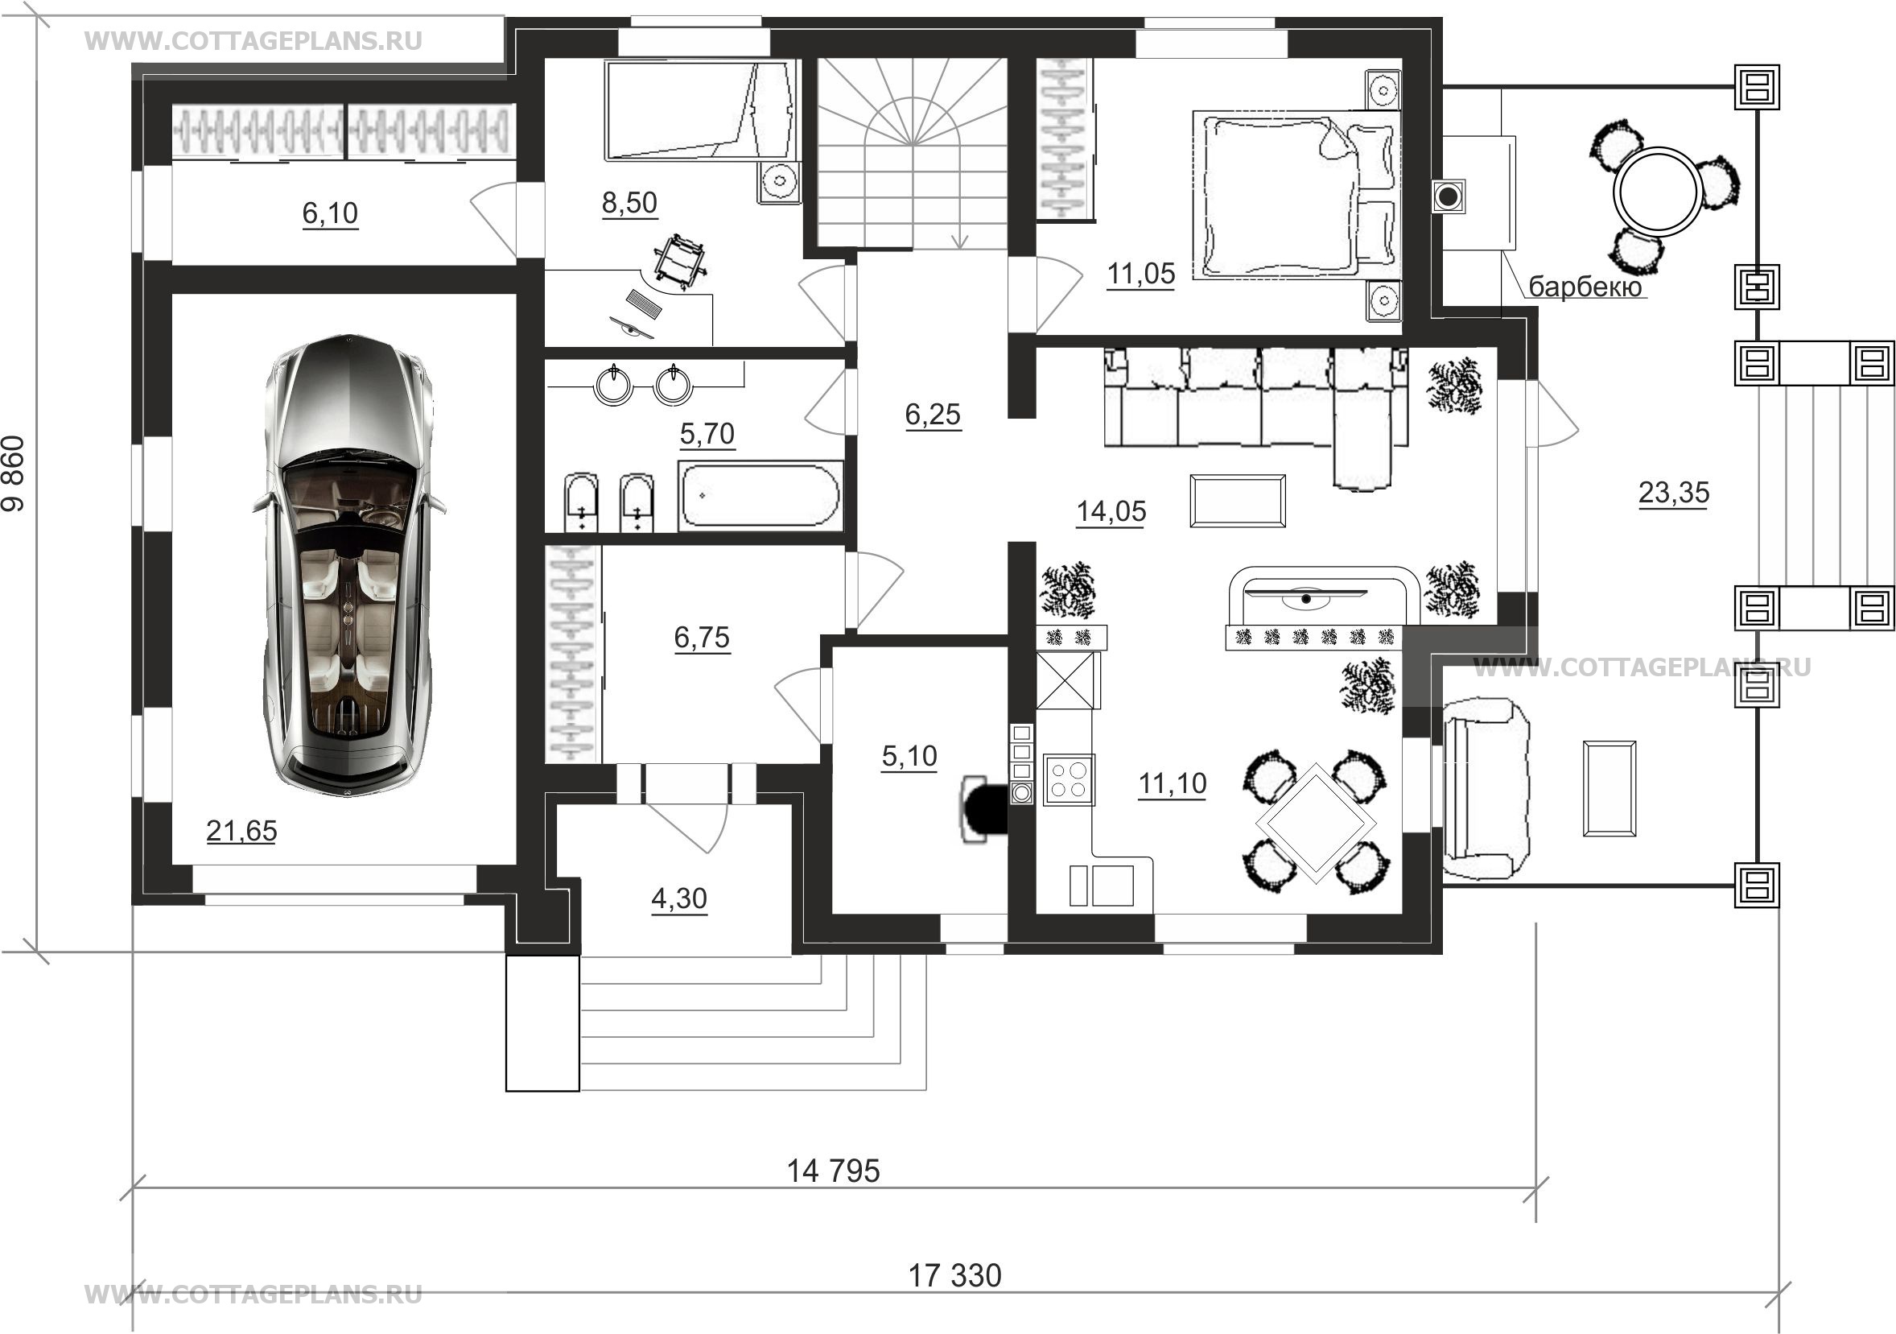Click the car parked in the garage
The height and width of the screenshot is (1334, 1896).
point(348,566)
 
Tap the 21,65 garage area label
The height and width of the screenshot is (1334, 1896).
point(241,830)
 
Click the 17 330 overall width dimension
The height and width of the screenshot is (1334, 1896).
point(954,1275)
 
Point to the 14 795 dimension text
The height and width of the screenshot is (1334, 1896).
point(833,1171)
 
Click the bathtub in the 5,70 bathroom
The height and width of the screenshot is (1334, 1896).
point(760,496)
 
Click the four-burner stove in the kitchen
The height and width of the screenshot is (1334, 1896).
point(1070,779)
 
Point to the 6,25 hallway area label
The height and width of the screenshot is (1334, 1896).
point(933,414)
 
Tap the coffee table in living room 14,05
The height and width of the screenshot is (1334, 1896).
point(1237,501)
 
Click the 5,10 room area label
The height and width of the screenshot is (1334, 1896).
point(909,755)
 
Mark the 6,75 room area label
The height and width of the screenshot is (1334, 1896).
point(702,637)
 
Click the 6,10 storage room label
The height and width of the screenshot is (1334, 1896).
point(329,213)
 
